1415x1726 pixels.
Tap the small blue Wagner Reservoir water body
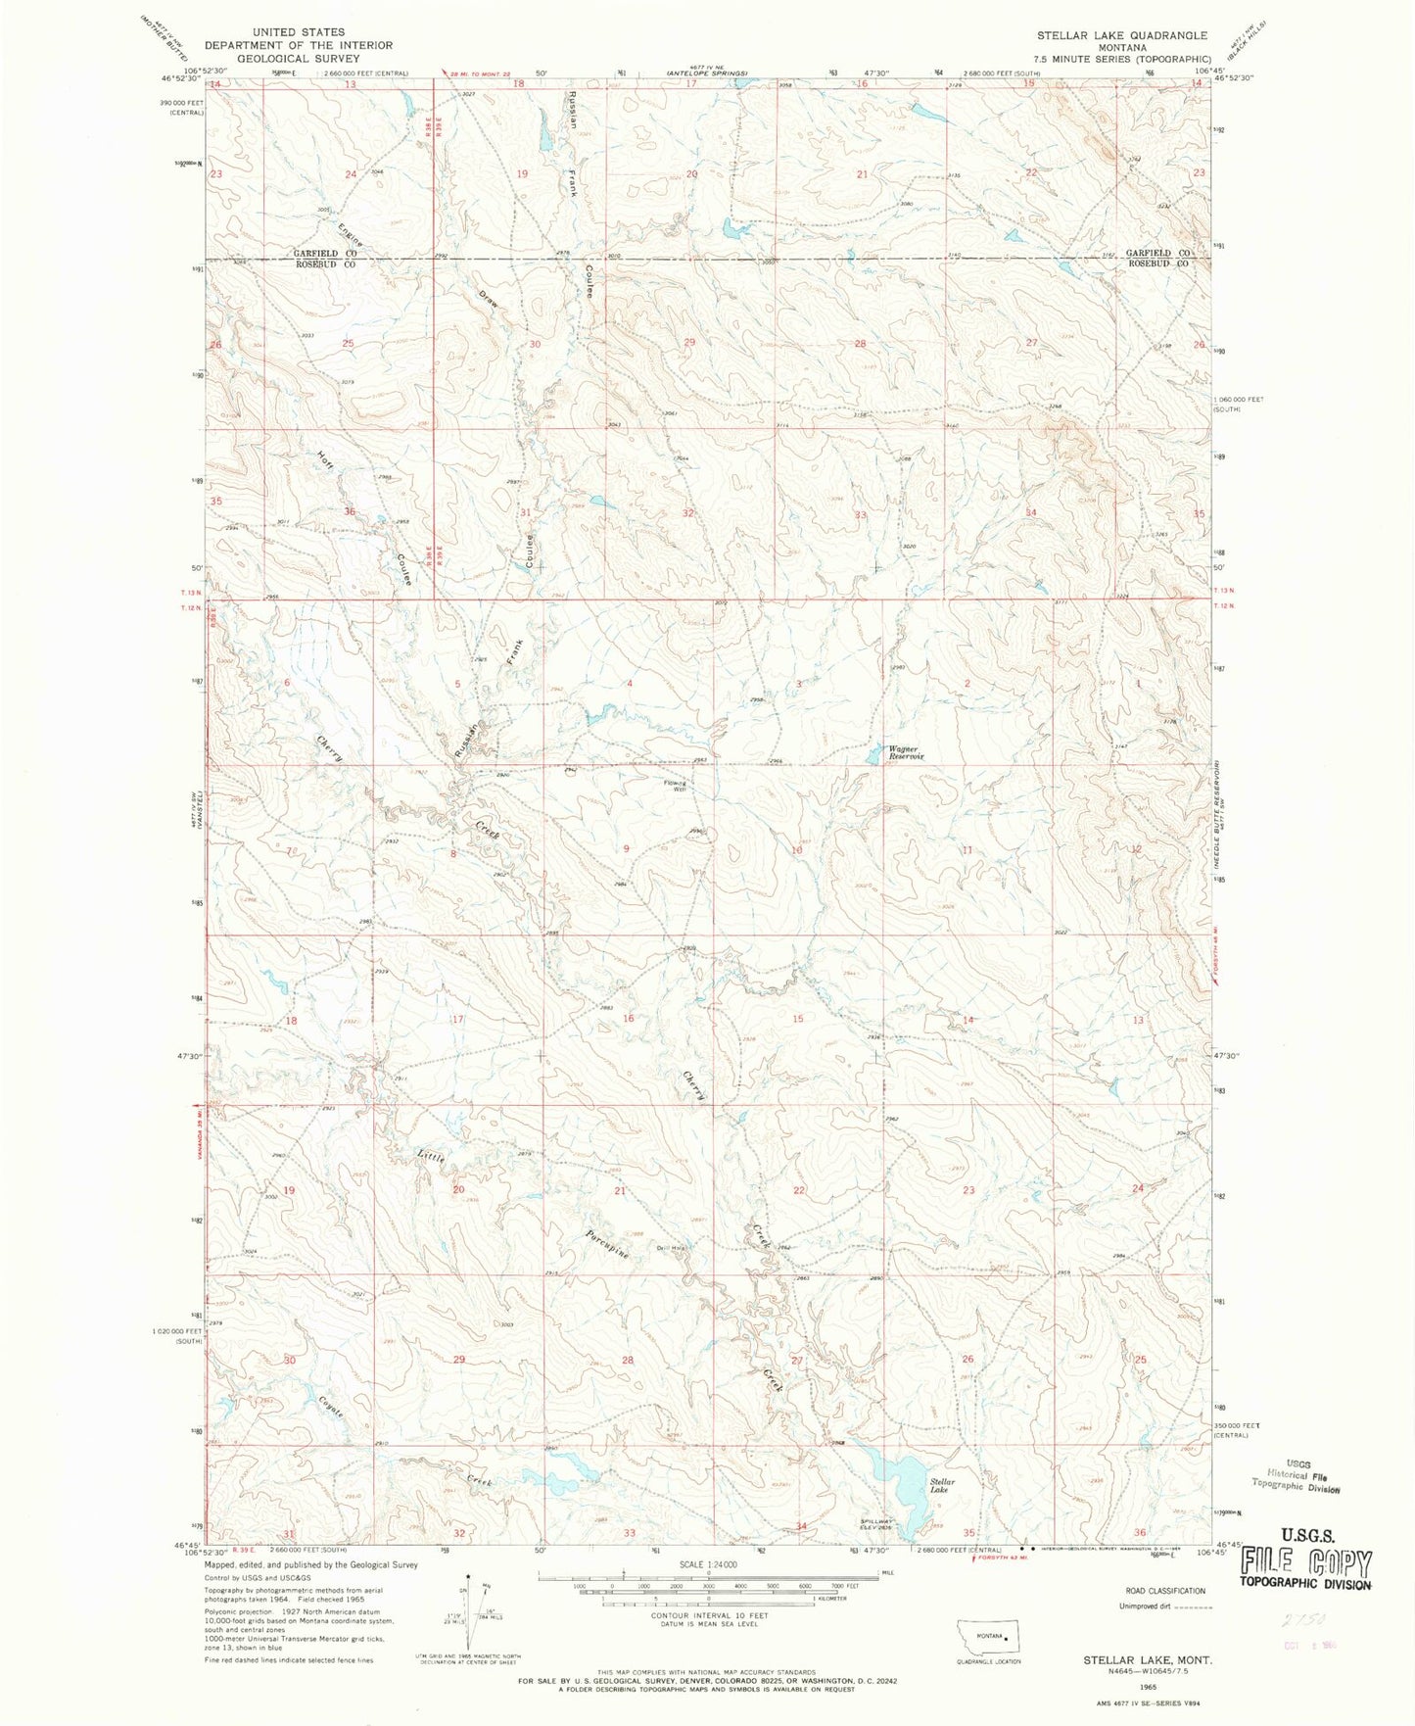pyautogui.click(x=873, y=754)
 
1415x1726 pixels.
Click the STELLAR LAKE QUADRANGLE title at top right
pyautogui.click(x=1122, y=35)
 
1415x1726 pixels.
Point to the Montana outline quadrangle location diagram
pyautogui.click(x=989, y=1637)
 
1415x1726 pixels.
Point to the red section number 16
pyautogui.click(x=628, y=1019)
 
